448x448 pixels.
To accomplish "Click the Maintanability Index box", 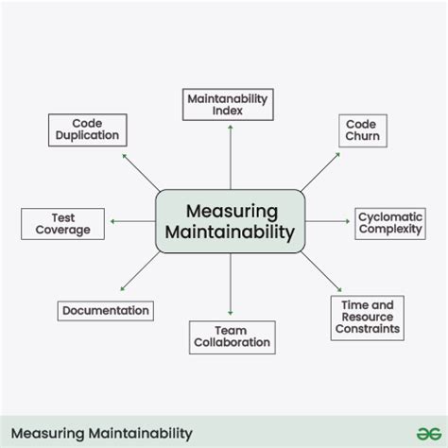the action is pyautogui.click(x=228, y=105).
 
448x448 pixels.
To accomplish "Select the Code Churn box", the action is pyautogui.click(x=363, y=130).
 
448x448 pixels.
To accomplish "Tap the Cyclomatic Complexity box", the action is pyautogui.click(x=390, y=224).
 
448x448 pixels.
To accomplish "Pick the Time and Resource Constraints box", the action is pyautogui.click(x=368, y=318).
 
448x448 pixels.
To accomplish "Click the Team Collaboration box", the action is pyautogui.click(x=233, y=337).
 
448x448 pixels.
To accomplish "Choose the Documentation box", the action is pyautogui.click(x=106, y=311).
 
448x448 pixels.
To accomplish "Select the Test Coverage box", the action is pyautogui.click(x=62, y=224).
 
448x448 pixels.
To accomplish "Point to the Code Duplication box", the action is pyautogui.click(x=88, y=129).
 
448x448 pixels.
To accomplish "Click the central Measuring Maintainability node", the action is pyautogui.click(x=231, y=221).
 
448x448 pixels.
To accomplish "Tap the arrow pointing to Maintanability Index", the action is pyautogui.click(x=231, y=157).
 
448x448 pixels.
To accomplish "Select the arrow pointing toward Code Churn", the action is pyautogui.click(x=320, y=172).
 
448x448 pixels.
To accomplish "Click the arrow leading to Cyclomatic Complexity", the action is pyautogui.click(x=328, y=221).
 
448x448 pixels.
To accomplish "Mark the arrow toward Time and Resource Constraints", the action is pyautogui.click(x=321, y=271).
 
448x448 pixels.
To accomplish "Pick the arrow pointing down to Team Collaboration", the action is pyautogui.click(x=231, y=284).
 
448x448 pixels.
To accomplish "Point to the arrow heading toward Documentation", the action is pyautogui.click(x=140, y=271).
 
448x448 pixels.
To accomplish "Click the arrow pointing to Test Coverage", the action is pyautogui.click(x=132, y=221).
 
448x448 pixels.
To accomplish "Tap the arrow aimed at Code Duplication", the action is pyautogui.click(x=141, y=173).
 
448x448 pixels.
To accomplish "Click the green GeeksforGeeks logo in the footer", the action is pyautogui.click(x=429, y=434).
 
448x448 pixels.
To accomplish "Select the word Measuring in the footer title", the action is pyautogui.click(x=48, y=434).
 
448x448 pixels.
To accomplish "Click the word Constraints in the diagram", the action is pyautogui.click(x=368, y=329).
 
